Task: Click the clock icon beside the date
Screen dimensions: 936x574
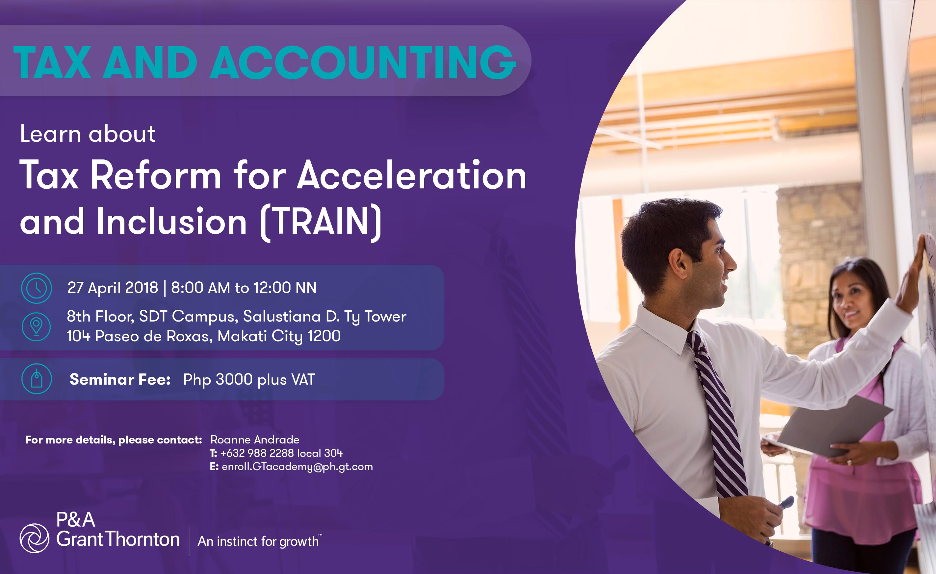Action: pos(37,288)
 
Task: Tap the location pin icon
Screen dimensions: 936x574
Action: pos(36,326)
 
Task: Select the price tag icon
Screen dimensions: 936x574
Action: pos(37,379)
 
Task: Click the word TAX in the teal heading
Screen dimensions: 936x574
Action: pos(52,62)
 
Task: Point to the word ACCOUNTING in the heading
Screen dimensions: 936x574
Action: pos(363,62)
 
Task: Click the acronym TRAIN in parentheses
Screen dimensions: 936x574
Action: pos(322,221)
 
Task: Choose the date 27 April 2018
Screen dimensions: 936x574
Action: pos(113,287)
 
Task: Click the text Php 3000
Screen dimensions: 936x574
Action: pos(218,380)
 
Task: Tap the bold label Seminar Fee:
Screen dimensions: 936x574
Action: pos(120,379)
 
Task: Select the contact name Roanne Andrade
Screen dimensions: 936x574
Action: pos(255,440)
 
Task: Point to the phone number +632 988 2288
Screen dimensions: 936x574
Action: pos(257,453)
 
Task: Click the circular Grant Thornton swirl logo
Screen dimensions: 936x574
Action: pos(34,538)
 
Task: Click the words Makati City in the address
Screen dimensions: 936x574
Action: pos(260,336)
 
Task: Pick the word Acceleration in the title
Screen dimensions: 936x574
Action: pos(412,175)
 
